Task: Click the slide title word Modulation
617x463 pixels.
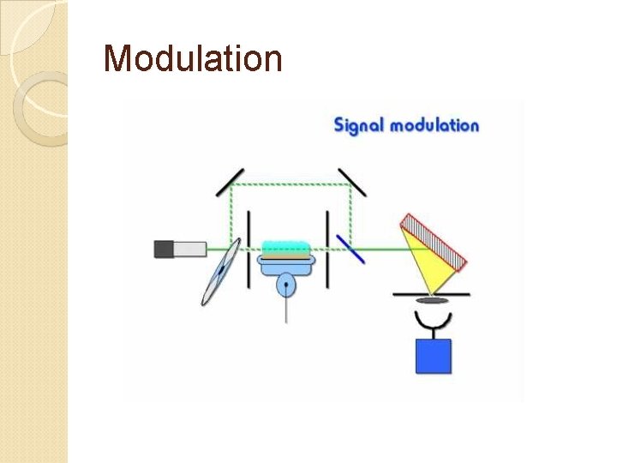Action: [192, 59]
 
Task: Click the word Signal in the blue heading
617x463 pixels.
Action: [358, 125]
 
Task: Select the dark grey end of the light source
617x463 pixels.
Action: [164, 250]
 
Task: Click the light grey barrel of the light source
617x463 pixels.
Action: [189, 250]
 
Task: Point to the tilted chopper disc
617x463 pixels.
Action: [219, 272]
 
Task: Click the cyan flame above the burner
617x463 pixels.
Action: [285, 248]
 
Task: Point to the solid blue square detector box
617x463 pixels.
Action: [433, 356]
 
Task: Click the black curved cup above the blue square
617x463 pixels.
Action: [433, 322]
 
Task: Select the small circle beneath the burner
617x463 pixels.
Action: [285, 285]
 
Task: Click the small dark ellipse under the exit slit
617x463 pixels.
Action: [432, 300]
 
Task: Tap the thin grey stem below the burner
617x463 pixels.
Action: [285, 309]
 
